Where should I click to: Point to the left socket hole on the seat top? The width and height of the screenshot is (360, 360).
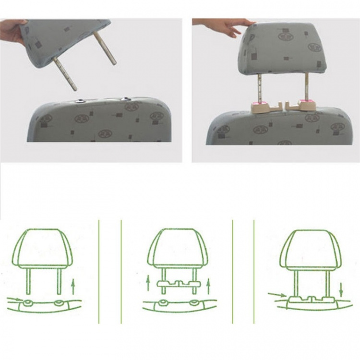80,101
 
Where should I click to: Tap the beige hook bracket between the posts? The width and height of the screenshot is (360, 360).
284,106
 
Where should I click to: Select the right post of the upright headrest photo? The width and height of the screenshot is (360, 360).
304,86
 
